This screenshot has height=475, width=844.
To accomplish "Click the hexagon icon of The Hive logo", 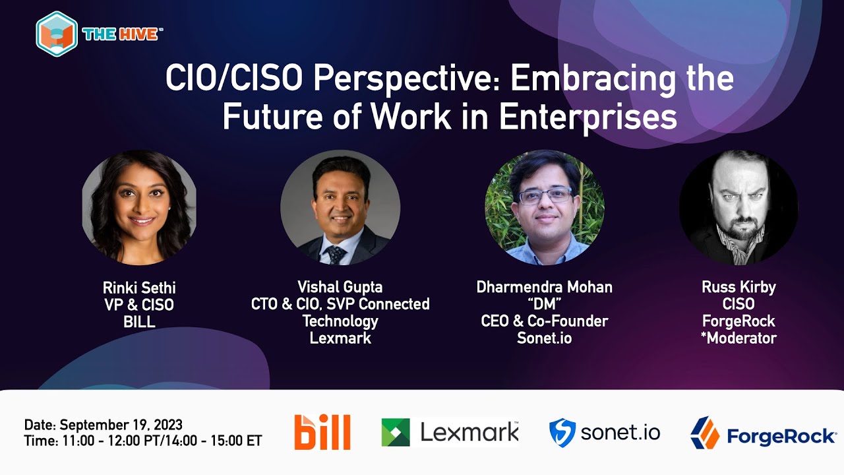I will click(57, 33).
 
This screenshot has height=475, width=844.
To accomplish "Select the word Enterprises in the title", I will click(588, 117).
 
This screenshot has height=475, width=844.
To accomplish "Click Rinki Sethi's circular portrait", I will click(139, 208).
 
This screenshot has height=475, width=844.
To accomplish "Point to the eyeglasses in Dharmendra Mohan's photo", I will click(545, 196).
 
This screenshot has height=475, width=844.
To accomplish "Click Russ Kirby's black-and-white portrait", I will click(738, 208).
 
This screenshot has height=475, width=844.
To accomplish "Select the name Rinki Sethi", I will click(139, 288).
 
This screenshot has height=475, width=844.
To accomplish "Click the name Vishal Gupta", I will click(340, 287).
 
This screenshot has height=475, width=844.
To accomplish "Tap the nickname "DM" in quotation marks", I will click(544, 304).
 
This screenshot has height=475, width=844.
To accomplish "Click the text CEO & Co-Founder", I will click(544, 321).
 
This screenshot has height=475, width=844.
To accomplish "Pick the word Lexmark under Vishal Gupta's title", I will click(340, 338).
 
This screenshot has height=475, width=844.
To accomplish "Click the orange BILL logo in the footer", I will click(322, 432).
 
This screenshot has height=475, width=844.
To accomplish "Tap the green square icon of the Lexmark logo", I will click(396, 433).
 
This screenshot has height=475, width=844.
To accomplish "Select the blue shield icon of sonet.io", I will click(562, 433).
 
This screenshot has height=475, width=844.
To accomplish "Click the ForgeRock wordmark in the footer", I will click(781, 436).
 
